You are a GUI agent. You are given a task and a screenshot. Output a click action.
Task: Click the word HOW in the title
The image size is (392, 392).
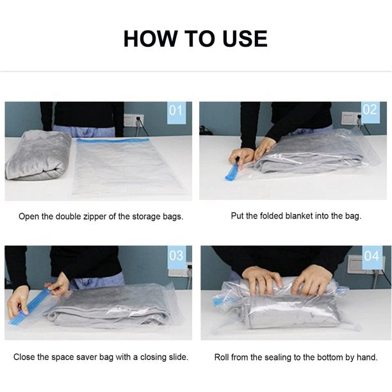click(x=150, y=38)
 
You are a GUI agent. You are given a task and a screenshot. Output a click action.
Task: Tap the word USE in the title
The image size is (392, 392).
click(x=245, y=38)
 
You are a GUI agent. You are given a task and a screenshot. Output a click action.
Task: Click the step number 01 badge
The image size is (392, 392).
click(x=176, y=112)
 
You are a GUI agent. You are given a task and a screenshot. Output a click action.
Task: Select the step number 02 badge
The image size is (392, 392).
click(x=370, y=111)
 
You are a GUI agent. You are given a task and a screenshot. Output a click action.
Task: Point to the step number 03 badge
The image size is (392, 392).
click(x=177, y=256)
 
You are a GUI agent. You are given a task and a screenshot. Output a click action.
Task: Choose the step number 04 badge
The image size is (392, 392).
click(x=372, y=257)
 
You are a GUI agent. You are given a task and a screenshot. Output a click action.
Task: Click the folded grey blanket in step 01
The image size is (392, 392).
click(x=38, y=156)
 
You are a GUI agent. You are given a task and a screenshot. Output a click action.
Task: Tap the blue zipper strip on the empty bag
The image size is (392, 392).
click(x=113, y=140)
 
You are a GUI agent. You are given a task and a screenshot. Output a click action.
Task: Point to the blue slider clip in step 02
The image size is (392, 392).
click(x=232, y=172)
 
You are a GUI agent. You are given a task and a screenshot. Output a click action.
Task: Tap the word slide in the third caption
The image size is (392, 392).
click(x=178, y=357)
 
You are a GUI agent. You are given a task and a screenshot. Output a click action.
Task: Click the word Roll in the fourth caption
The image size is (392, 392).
click(x=222, y=357)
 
